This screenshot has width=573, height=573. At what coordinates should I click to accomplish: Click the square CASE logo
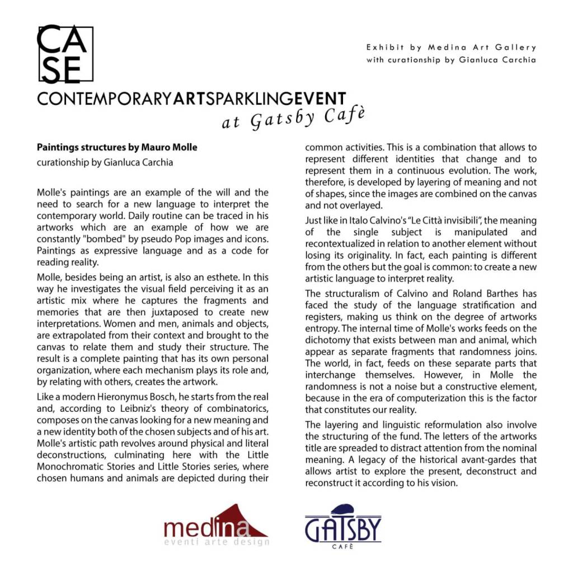[x=64, y=54]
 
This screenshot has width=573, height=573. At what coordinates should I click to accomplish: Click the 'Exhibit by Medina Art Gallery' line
[x=451, y=48]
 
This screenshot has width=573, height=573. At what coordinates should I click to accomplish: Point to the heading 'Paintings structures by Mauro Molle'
[x=117, y=148]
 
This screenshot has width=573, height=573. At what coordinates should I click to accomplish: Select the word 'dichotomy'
[x=327, y=340]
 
